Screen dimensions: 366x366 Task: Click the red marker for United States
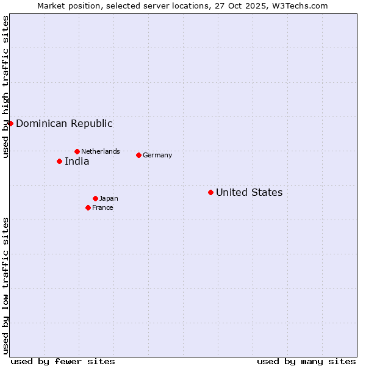210,192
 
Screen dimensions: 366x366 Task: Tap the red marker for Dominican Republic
10,123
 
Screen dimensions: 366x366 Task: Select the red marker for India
59,161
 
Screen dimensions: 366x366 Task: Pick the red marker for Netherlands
77,151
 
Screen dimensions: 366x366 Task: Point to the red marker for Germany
138,155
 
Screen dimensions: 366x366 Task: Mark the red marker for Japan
95,198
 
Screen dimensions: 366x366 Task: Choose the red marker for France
88,207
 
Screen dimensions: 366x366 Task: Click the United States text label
249,193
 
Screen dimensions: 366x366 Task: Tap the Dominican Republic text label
64,124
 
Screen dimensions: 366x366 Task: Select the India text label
77,162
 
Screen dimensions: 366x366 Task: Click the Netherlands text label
101,151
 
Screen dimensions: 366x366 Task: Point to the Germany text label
157,155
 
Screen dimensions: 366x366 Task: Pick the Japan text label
109,198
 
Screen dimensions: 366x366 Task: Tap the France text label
102,207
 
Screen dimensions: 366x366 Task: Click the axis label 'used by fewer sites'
63,361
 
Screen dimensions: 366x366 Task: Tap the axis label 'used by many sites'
306,361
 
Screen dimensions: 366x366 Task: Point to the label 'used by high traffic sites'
5,87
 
